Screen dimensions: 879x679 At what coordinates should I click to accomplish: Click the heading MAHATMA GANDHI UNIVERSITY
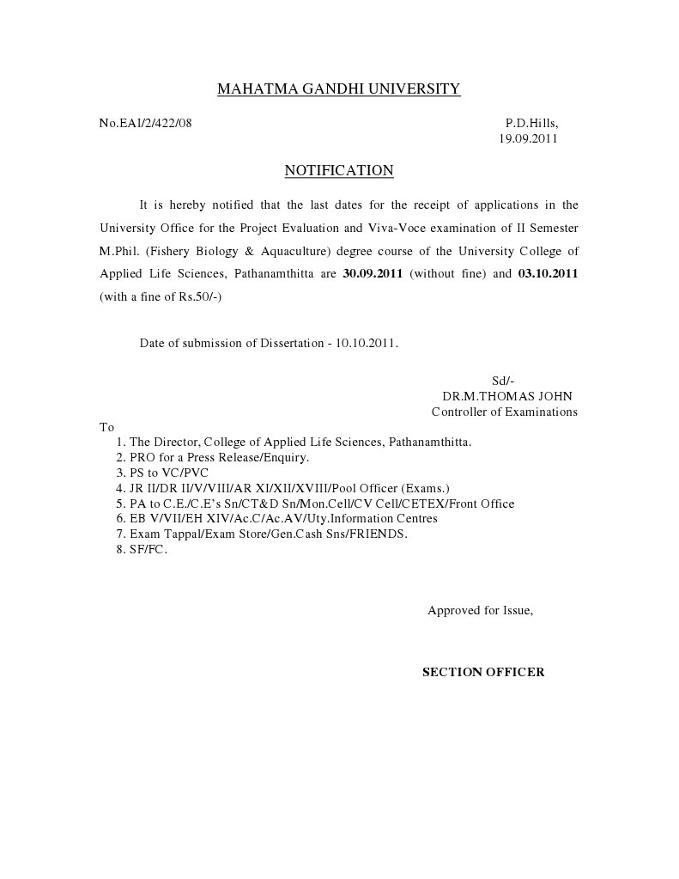coord(338,89)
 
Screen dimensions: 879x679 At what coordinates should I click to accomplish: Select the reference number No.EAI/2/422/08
coord(145,123)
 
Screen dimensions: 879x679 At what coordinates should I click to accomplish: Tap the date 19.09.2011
coord(529,138)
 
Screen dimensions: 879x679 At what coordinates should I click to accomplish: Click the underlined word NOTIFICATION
coord(338,170)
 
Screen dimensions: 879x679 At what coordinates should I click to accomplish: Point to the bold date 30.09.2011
coord(373,274)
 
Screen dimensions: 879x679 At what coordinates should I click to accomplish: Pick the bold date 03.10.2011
coord(548,274)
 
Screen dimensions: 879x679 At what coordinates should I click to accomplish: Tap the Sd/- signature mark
coord(502,381)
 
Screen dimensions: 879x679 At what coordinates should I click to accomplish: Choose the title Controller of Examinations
coord(504,412)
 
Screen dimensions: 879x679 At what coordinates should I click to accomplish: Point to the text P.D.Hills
coord(531,123)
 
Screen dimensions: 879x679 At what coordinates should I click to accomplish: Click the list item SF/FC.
coord(148,550)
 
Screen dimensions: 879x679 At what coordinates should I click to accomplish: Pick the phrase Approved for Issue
coord(480,611)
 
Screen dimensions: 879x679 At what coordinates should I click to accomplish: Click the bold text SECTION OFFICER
coord(483,672)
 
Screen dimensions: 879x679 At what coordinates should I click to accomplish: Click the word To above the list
coord(106,426)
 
